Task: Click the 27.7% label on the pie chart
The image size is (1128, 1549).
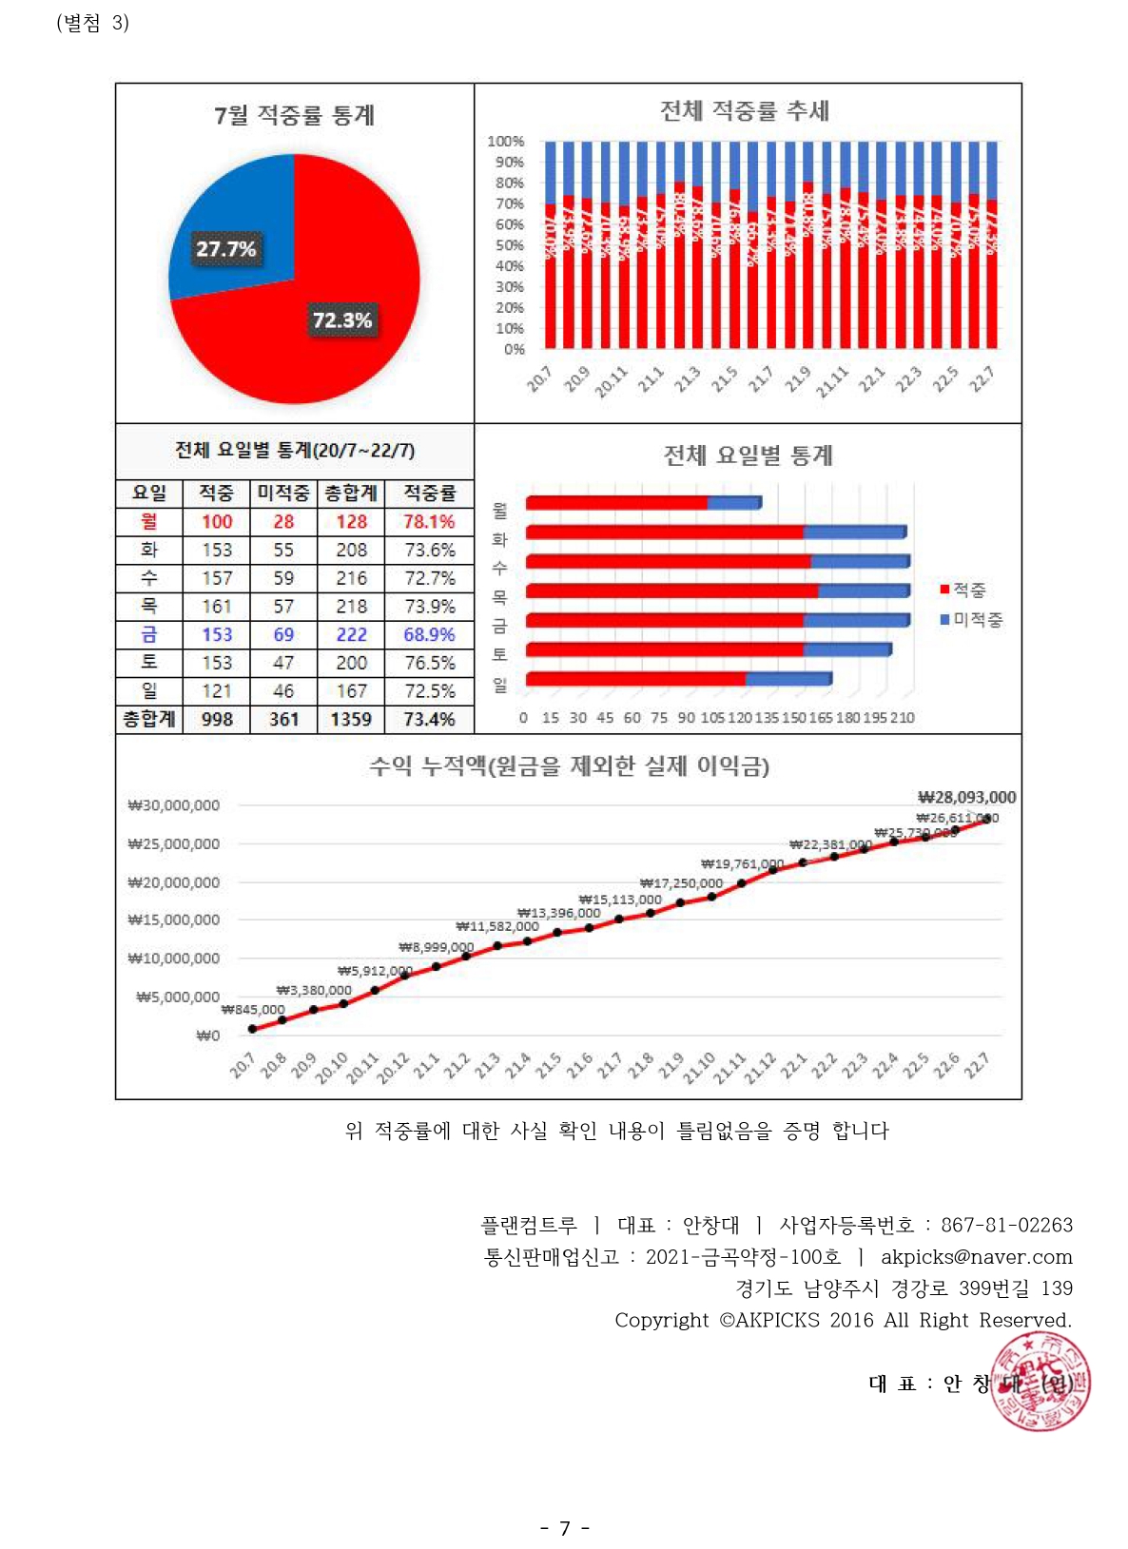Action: pos(225,249)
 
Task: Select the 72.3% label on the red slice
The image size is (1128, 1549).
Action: pos(342,320)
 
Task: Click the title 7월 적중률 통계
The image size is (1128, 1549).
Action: pos(294,115)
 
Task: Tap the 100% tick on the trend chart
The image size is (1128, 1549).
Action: pos(505,142)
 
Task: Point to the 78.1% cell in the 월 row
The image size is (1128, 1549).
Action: pos(429,521)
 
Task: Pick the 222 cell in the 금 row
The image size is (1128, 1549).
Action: pos(351,634)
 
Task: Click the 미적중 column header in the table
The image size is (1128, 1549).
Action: pos(283,493)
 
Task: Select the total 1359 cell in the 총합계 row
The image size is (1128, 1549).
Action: pos(351,719)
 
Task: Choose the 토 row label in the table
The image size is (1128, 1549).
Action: pos(149,662)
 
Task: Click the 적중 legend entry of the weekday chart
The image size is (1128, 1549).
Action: pos(963,591)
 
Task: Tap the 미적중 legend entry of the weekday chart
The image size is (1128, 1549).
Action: pos(971,620)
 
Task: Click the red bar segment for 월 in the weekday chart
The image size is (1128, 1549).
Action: pos(616,502)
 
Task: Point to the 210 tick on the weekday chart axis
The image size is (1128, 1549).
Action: pos(903,718)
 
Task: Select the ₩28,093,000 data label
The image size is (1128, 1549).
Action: pos(966,797)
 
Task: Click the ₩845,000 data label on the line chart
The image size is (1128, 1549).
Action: pos(253,1009)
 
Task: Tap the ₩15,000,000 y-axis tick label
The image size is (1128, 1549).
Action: pos(174,920)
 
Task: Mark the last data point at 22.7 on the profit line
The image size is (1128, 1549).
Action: pos(987,819)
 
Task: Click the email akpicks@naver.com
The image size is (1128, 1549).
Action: pos(976,1256)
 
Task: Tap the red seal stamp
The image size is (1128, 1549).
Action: pos(1040,1382)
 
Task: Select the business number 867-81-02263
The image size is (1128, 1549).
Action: pos(1006,1225)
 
